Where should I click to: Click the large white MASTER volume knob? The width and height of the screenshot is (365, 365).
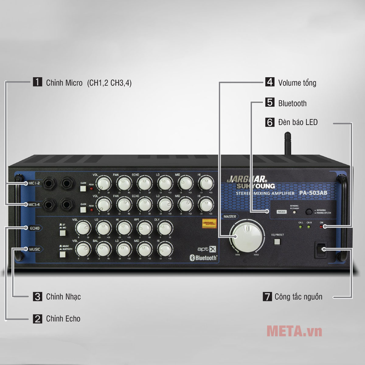point(247,236)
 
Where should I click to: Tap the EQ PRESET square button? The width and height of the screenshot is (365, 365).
point(277,242)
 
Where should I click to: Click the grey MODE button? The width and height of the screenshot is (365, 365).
point(282,212)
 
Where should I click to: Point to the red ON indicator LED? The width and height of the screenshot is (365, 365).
point(322,227)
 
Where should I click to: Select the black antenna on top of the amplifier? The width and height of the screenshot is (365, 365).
point(287,144)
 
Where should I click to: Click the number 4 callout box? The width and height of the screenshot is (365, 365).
point(270,82)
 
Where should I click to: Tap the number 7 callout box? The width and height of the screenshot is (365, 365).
point(267,297)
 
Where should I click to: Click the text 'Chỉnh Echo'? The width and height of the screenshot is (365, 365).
point(63,319)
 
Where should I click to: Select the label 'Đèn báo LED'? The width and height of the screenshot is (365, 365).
point(298,122)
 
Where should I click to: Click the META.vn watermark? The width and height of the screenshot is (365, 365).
point(294,331)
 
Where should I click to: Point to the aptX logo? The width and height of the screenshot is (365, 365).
point(207,249)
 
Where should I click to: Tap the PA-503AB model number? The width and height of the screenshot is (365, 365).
point(313,193)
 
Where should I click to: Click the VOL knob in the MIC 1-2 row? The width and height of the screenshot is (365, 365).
point(104,183)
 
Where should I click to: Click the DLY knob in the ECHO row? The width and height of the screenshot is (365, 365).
point(165,228)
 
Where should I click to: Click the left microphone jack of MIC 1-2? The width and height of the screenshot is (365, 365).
point(49,183)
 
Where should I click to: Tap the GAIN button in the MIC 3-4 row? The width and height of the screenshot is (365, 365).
point(83,210)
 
